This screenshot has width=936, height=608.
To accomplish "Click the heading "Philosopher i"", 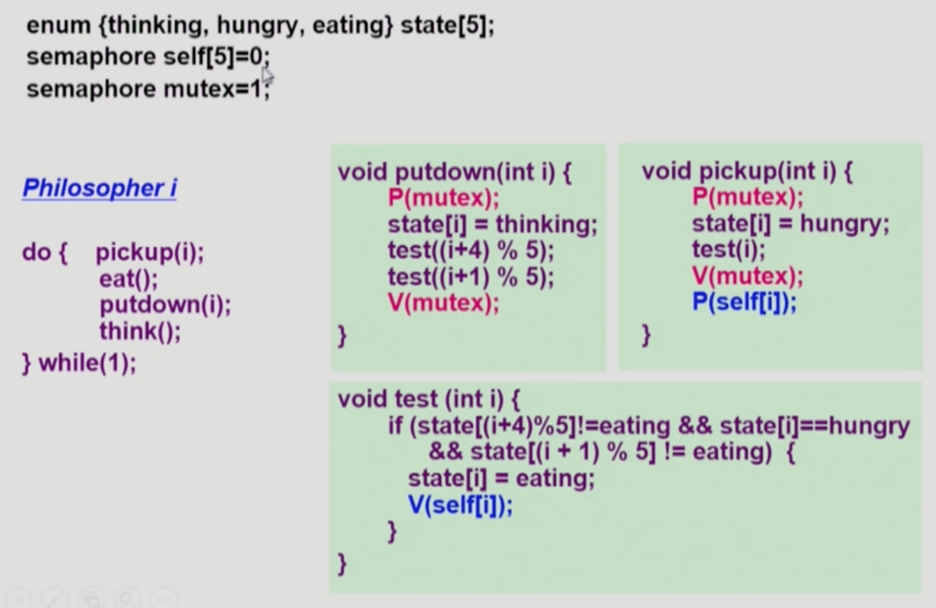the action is pyautogui.click(x=99, y=188).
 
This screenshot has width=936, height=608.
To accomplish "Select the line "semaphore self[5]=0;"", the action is pyautogui.click(x=148, y=58).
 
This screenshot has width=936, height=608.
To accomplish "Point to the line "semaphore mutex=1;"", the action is pyautogui.click(x=148, y=89).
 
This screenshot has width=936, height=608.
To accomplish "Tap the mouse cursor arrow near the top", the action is pyautogui.click(x=267, y=76).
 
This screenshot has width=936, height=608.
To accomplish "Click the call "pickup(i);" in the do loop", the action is pyautogui.click(x=150, y=252).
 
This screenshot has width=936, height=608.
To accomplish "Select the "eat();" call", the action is pyautogui.click(x=129, y=279).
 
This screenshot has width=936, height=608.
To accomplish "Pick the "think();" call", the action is pyautogui.click(x=140, y=332).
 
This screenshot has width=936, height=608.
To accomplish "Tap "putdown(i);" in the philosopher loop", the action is pyautogui.click(x=165, y=305).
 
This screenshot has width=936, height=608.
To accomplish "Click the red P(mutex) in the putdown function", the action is pyautogui.click(x=443, y=199).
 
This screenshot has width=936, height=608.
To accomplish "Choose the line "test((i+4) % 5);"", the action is pyautogui.click(x=470, y=251).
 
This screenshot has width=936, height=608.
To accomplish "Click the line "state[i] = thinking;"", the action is pyautogui.click(x=491, y=225).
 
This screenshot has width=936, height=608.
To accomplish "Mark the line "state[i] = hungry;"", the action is pyautogui.click(x=791, y=225).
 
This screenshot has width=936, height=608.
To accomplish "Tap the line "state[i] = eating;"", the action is pyautogui.click(x=501, y=480).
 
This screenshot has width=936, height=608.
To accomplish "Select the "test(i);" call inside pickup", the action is pyautogui.click(x=728, y=250).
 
